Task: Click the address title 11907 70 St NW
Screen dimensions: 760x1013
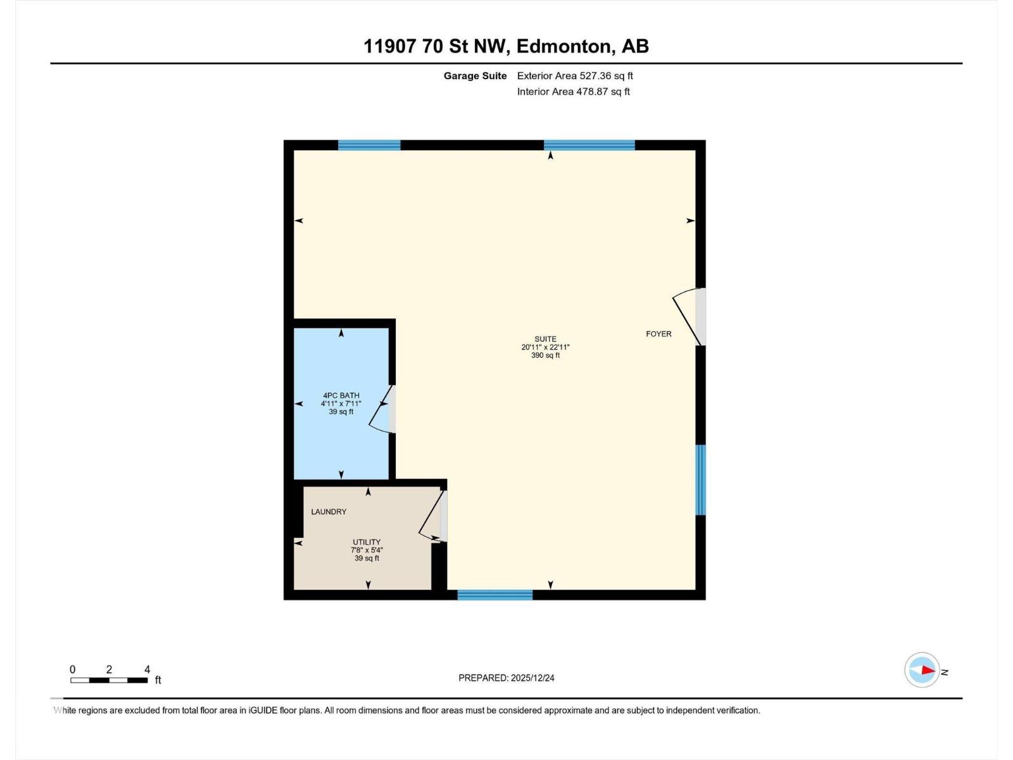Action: [x=506, y=46]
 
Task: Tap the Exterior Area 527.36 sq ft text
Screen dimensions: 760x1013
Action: [x=575, y=76]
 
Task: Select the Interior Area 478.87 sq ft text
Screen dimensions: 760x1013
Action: [x=573, y=92]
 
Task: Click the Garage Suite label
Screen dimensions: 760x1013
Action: [x=475, y=76]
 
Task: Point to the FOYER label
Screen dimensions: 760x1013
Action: [x=658, y=334]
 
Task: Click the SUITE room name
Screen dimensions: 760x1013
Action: [x=545, y=339]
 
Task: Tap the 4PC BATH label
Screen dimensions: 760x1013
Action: [x=341, y=396]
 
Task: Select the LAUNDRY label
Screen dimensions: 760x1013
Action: [x=329, y=512]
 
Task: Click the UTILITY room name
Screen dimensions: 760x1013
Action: [x=367, y=542]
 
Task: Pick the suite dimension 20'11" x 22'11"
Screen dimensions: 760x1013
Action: [x=545, y=347]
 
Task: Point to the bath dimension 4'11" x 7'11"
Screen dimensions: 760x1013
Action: [x=341, y=403]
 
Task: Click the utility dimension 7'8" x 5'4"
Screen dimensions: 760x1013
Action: [x=367, y=550]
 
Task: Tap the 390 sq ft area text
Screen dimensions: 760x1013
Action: [x=545, y=355]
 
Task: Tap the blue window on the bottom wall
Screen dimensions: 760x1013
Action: [x=495, y=595]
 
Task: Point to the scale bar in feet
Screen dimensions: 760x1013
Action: [x=109, y=680]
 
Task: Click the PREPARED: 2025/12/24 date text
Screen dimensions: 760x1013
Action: [x=507, y=678]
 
